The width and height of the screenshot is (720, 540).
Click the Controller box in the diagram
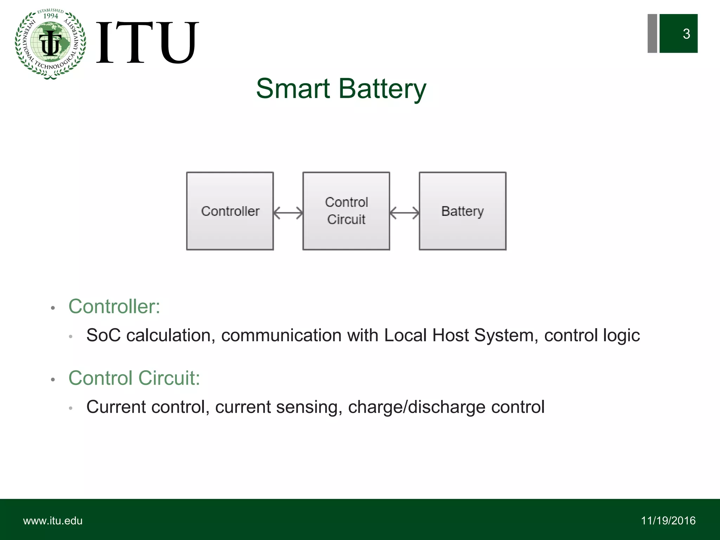pyautogui.click(x=230, y=211)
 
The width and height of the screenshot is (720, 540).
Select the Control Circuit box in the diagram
pyautogui.click(x=346, y=211)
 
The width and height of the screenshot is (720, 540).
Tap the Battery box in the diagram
pyautogui.click(x=462, y=211)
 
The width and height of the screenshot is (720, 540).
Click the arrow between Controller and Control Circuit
pyautogui.click(x=288, y=213)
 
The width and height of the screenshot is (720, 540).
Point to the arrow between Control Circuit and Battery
pyautogui.click(x=404, y=213)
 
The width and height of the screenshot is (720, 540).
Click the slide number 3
pyautogui.click(x=686, y=34)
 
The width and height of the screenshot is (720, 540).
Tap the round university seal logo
pyautogui.click(x=51, y=44)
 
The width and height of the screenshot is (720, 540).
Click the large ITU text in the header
pyautogui.click(x=147, y=43)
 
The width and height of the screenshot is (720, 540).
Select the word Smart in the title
pyautogui.click(x=293, y=89)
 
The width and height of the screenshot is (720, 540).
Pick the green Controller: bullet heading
pyautogui.click(x=114, y=306)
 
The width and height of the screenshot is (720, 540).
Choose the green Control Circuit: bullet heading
pyautogui.click(x=134, y=378)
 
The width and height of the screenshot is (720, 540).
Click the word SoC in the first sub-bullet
pyautogui.click(x=103, y=335)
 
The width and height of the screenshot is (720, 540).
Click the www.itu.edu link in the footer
pyautogui.click(x=53, y=521)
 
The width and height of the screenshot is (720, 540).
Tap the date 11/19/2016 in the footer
pyautogui.click(x=668, y=521)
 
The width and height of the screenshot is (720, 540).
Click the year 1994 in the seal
pyautogui.click(x=51, y=16)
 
